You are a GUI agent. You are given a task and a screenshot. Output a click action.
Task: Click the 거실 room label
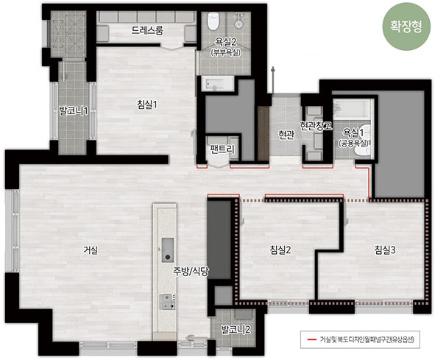[91, 250]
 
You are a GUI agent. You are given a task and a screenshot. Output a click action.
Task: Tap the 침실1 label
[147, 105]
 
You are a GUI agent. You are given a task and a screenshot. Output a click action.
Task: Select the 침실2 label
[280, 250]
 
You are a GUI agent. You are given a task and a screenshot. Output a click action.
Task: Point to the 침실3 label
[385, 250]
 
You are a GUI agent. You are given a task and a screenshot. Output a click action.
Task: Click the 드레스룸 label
[147, 30]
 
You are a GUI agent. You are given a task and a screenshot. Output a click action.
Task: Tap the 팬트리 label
[222, 149]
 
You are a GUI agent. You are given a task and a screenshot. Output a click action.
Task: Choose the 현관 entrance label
[286, 135]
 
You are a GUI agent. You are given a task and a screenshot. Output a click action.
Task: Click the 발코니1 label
[74, 111]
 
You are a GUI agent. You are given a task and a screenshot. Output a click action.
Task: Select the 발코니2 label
[236, 330]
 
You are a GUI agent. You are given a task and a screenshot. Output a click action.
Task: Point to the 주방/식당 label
[191, 272]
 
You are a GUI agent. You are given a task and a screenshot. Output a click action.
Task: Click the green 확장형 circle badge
[406, 27]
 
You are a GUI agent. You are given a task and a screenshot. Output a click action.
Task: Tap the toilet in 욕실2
[213, 21]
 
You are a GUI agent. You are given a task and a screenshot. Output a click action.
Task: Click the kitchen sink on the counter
[168, 250]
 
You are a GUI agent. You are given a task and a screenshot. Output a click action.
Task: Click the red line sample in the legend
[312, 339]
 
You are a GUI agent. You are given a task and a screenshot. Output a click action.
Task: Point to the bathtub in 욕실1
[353, 110]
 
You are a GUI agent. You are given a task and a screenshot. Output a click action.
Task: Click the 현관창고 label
[316, 126]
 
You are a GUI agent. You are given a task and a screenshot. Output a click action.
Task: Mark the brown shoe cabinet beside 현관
[264, 133]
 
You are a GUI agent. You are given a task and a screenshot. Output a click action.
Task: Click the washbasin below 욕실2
[217, 83]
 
